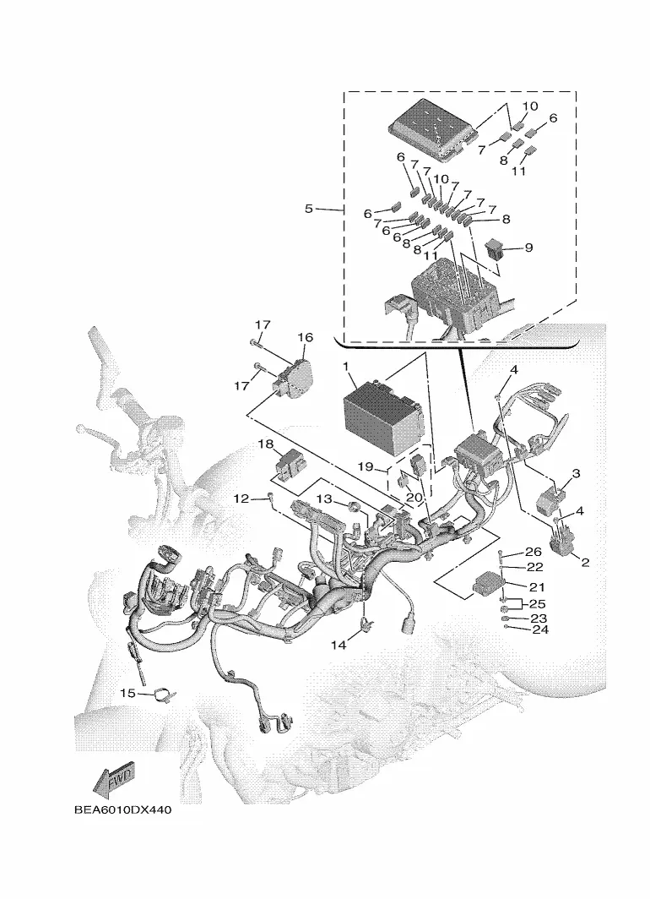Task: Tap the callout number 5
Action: point(309,209)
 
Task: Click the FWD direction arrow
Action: point(115,780)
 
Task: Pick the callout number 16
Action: point(305,337)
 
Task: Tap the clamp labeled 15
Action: point(165,695)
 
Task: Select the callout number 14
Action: point(339,645)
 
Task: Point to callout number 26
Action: point(533,552)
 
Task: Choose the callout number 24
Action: point(533,629)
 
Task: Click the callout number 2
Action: point(585,562)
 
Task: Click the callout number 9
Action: point(528,248)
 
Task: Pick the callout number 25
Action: point(538,603)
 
